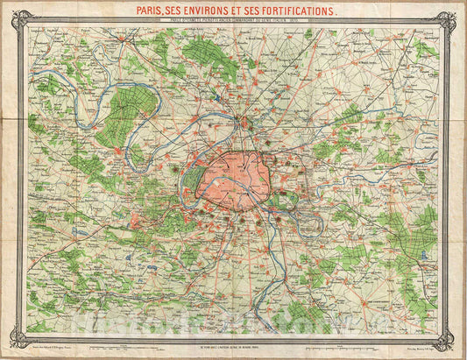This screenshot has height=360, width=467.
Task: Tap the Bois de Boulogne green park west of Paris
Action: (195, 180)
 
